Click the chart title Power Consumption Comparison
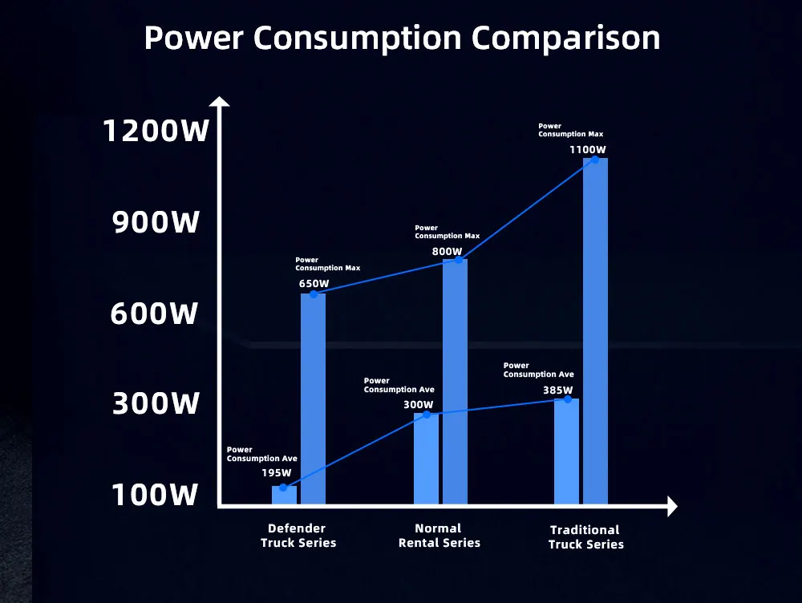point(402,38)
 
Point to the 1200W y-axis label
point(156,131)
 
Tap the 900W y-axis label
point(156,222)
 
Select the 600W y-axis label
point(154,314)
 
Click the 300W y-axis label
point(155,403)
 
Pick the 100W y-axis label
point(154,495)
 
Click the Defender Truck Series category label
point(298,536)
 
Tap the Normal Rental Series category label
point(439,536)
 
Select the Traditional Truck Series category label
point(585,536)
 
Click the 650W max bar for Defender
point(313,401)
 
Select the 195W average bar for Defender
point(284,496)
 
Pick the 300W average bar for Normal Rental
point(426,459)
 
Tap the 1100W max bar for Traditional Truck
point(595,333)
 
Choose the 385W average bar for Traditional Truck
point(566,451)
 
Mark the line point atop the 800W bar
point(459,260)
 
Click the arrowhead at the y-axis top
point(219,102)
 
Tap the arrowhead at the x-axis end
point(672,506)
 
